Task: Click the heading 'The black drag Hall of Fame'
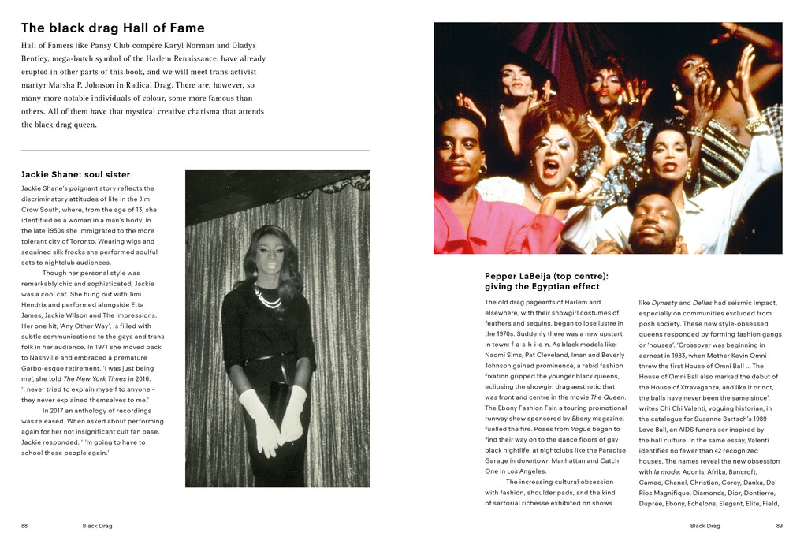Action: tap(113, 28)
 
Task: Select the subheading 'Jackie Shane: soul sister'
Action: tap(76, 174)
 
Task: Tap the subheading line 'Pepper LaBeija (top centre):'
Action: tap(546, 276)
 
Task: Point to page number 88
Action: tap(24, 525)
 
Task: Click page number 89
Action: tap(779, 525)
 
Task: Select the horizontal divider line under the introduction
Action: tap(195, 150)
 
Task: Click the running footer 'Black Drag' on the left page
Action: tap(97, 525)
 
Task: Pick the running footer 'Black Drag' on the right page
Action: tap(705, 525)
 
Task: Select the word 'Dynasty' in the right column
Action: tap(664, 302)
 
